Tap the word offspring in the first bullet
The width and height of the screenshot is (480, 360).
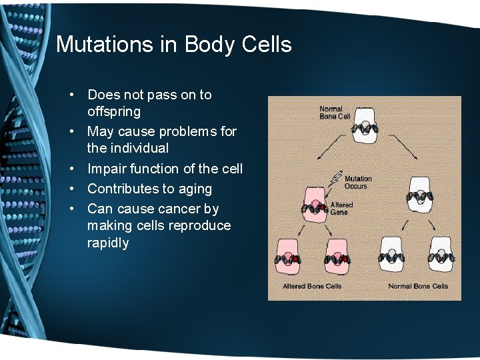click(114, 111)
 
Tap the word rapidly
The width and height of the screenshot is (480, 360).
click(108, 243)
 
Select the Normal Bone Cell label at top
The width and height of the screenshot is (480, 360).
click(335, 113)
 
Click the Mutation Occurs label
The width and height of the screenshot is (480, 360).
click(359, 182)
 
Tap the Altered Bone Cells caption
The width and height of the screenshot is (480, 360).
click(312, 286)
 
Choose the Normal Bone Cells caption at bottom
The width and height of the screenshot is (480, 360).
click(418, 286)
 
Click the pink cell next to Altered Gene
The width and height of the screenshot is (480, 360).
click(315, 205)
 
